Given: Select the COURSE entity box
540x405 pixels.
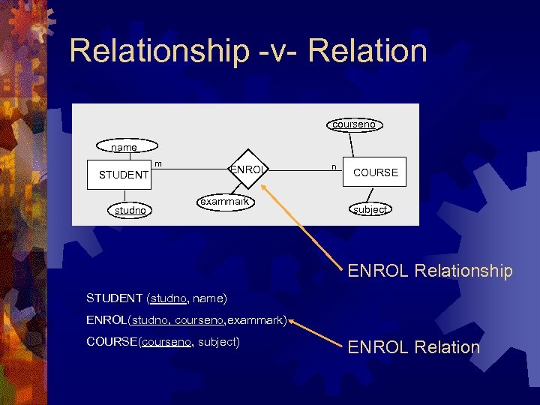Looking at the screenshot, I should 375,172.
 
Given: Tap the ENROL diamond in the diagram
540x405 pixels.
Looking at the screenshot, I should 247,169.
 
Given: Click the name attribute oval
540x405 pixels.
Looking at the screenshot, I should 124,148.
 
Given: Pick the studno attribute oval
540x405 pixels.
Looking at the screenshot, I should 130,211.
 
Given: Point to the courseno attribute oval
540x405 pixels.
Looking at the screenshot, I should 354,124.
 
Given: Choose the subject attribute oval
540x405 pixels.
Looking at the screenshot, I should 370,210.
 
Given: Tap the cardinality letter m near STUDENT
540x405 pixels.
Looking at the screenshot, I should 158,163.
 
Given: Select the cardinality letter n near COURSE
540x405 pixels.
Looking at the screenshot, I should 333,164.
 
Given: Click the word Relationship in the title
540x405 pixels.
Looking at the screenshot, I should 159,51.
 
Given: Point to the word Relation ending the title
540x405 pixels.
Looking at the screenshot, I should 367,51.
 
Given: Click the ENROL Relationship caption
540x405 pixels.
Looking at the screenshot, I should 430,271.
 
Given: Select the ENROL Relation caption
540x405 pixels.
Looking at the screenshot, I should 413,347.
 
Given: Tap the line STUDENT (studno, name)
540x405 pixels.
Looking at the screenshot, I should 156,298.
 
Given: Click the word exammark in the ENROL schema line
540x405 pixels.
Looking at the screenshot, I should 255,320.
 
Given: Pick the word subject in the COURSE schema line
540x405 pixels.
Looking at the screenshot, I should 217,342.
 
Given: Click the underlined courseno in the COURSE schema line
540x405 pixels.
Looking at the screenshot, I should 166,342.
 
